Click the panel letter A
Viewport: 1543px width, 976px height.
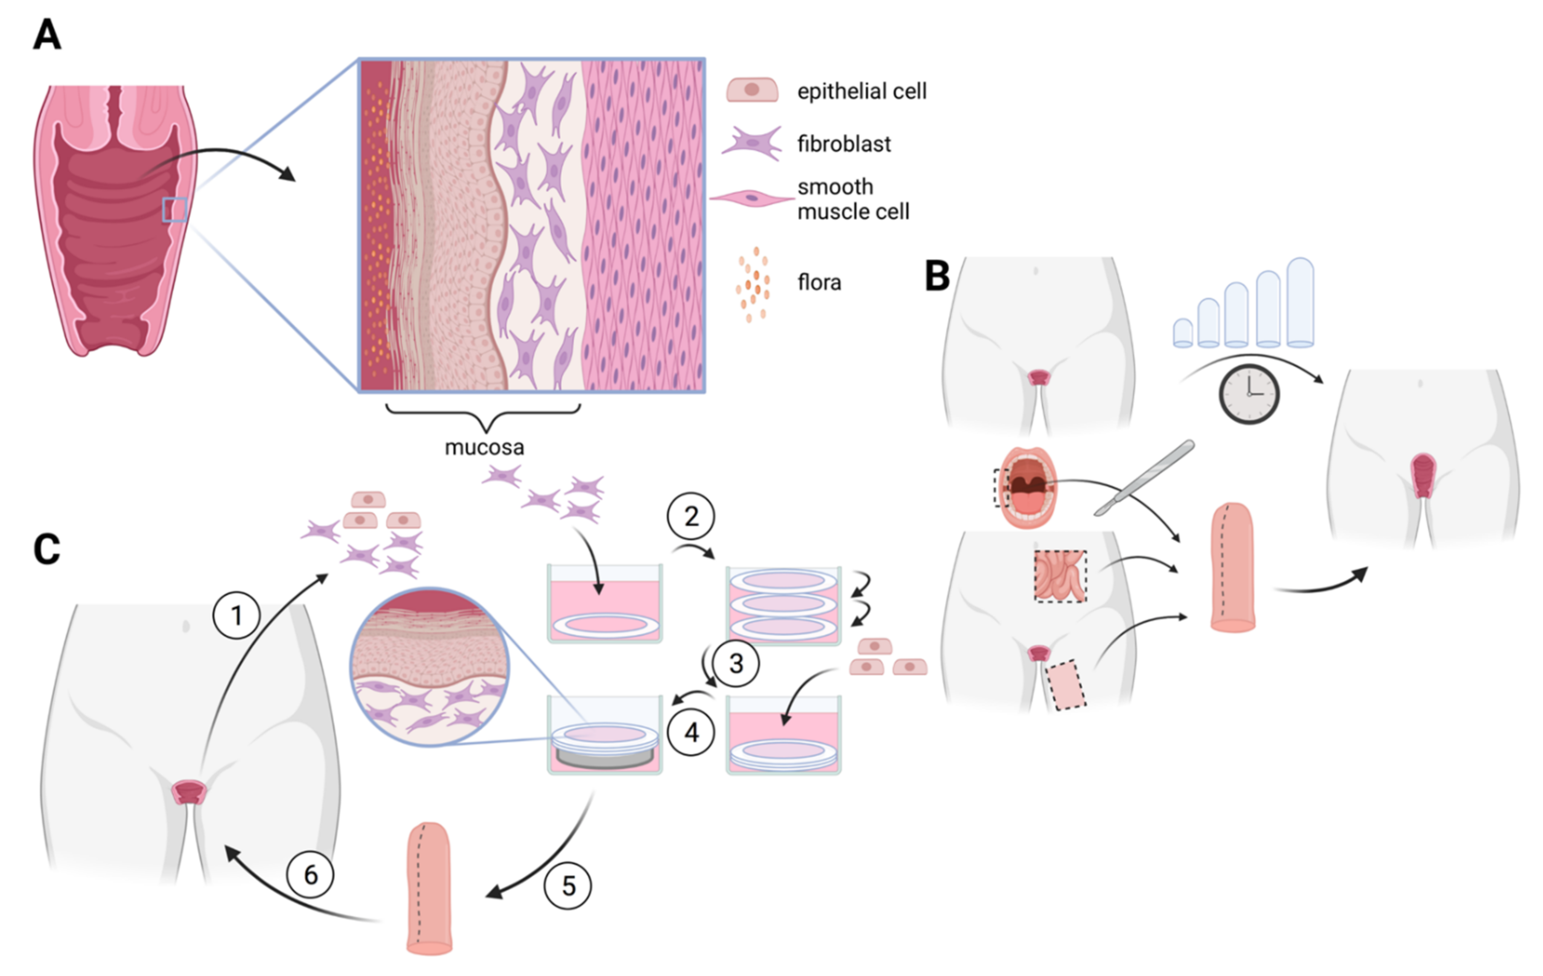coord(47,35)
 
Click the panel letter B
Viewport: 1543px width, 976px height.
coord(937,277)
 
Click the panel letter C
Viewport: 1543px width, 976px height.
coord(47,549)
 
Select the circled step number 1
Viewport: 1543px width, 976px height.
coord(236,615)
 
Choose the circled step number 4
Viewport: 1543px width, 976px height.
coord(691,732)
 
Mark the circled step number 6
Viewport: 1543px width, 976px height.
coord(310,874)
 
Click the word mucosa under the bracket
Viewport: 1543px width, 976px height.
coord(484,447)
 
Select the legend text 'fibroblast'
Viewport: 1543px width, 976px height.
coord(844,144)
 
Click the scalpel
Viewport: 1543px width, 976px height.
coord(1144,477)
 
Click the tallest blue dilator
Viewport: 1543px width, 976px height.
coord(1300,302)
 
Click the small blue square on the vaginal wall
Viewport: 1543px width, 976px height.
coord(174,210)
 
